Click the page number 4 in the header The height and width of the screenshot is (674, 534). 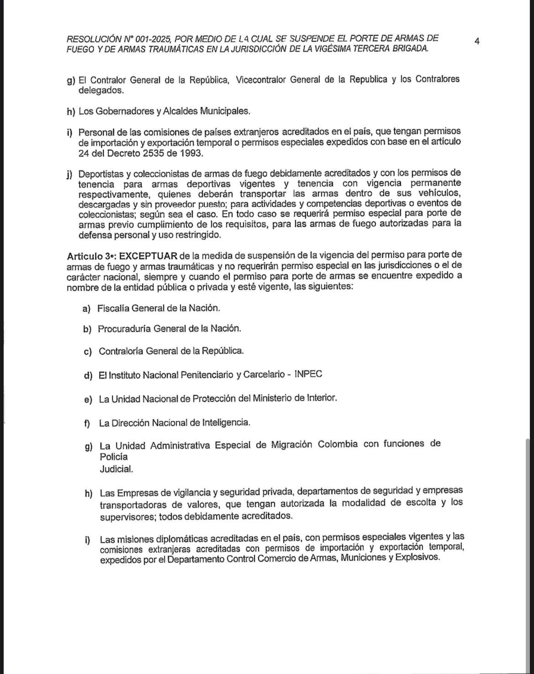coord(476,42)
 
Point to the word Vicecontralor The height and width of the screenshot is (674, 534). coord(260,80)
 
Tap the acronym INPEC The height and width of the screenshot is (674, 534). coord(309,374)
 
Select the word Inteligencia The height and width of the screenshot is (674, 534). coord(226,423)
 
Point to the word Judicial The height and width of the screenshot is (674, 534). coord(116,469)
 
